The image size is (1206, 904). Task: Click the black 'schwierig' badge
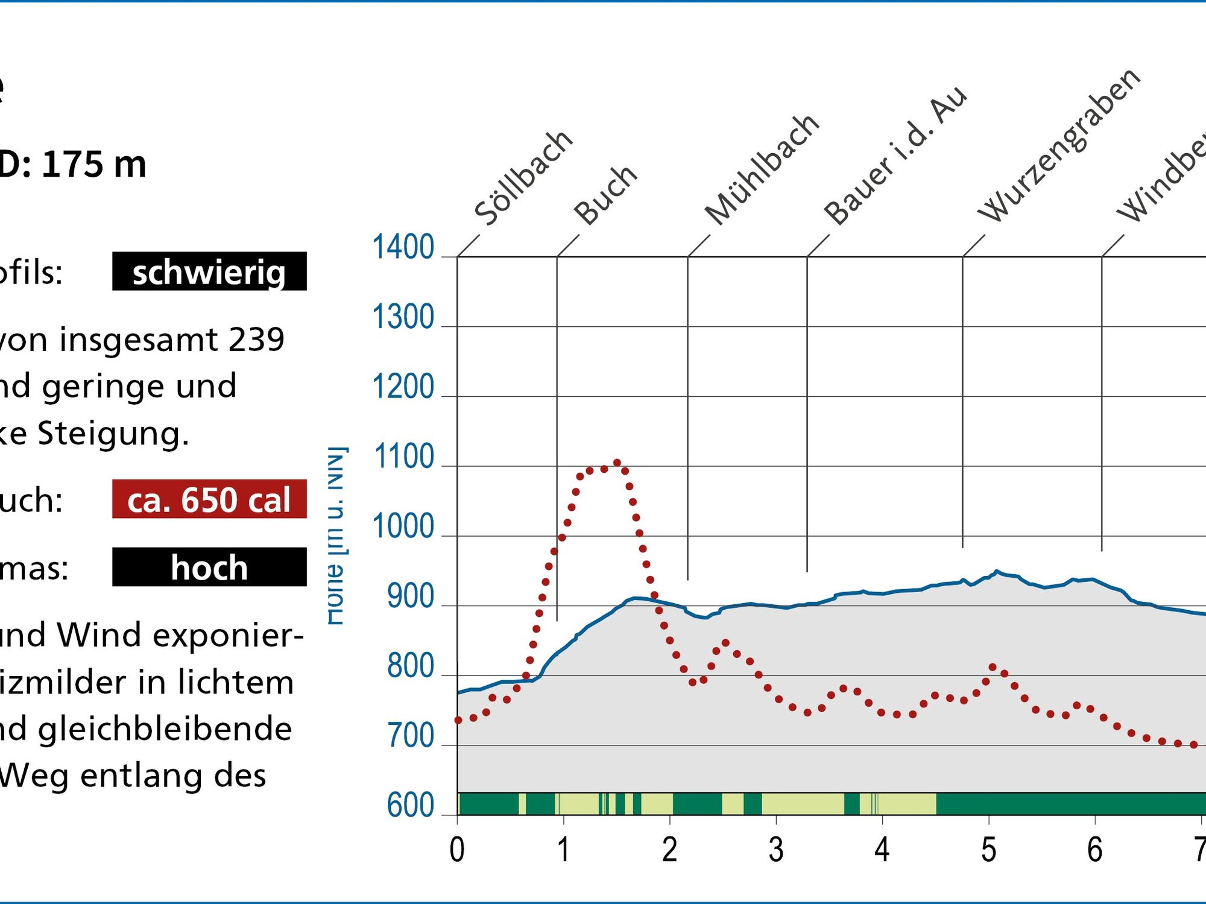pos(209,271)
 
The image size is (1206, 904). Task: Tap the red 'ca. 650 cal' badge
pos(209,499)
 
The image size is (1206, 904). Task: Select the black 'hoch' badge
pos(209,567)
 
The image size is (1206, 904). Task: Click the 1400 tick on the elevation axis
pos(403,247)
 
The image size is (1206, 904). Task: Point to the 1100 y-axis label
pos(403,457)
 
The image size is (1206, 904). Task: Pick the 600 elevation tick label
pos(410,805)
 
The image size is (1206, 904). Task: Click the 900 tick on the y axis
pos(410,596)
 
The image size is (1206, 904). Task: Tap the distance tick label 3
pos(776,850)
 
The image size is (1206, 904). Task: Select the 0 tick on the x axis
pos(457,850)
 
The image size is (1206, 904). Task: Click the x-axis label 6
pos(1094,850)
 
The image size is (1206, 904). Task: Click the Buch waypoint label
pos(605,194)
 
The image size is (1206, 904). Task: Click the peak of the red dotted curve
pos(617,463)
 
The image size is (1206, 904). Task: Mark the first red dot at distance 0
pos(458,720)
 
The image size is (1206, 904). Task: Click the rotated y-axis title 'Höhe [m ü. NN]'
pos(336,536)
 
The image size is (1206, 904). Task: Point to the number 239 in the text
pos(256,340)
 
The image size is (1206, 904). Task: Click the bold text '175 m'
pos(94,164)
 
